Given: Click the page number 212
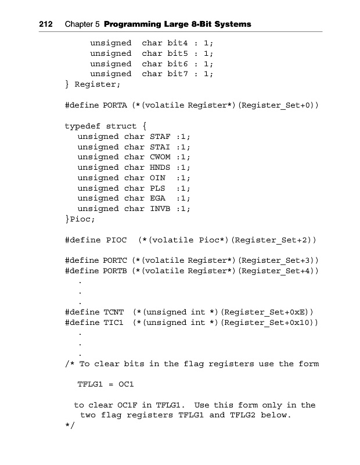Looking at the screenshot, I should tap(47, 24).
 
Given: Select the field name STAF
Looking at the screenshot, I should tap(152, 137).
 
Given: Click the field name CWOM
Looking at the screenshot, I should tap(152, 157).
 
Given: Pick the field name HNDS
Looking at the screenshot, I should tap(152, 167).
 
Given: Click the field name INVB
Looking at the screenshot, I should tap(152, 209).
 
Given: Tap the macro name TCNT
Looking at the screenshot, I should tap(113, 312).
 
